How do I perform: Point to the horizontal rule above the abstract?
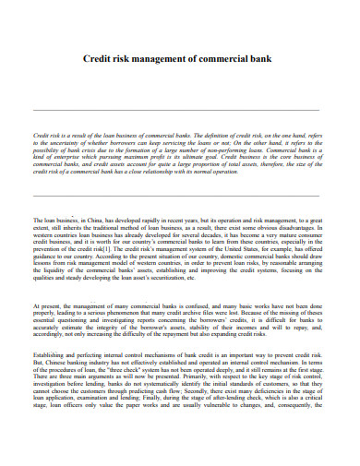180,110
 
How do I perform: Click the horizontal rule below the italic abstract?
180,196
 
